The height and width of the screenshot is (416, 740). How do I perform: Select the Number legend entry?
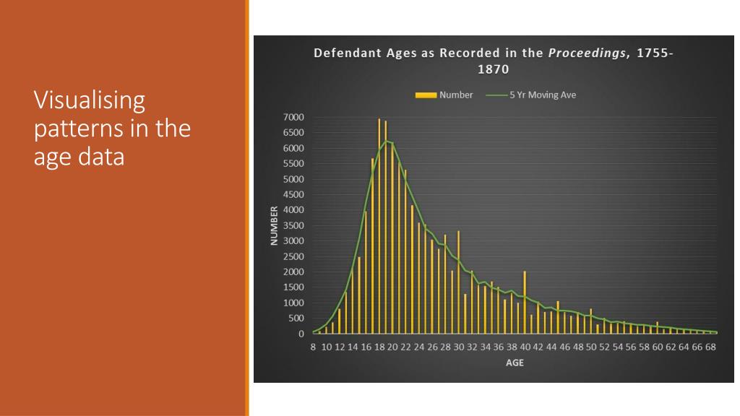(456, 95)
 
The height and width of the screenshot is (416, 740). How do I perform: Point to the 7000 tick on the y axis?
(294, 118)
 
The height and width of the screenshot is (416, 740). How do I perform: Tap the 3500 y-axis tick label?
(294, 226)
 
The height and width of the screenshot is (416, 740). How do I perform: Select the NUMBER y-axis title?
(275, 226)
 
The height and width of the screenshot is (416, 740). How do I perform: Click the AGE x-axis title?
(515, 363)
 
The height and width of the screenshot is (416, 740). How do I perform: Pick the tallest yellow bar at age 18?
(379, 225)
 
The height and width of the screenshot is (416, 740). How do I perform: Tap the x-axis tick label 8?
(314, 347)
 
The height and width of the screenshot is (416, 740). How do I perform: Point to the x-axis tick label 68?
(710, 347)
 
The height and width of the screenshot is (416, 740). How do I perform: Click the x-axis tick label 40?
(525, 347)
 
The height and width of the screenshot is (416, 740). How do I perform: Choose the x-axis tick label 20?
(392, 347)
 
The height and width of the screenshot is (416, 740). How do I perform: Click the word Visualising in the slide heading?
(90, 100)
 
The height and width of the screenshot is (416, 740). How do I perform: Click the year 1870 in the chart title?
(493, 70)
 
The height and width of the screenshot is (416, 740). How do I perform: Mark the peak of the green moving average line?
(387, 141)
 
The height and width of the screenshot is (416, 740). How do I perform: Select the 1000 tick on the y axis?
(294, 303)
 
